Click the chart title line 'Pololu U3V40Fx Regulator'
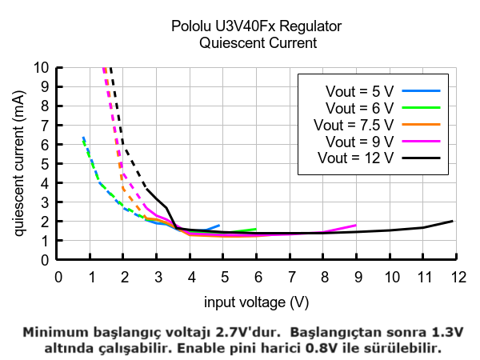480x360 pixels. click(x=257, y=26)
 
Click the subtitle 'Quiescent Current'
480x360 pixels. click(x=257, y=43)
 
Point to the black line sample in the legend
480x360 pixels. click(x=422, y=158)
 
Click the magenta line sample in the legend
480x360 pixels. click(x=422, y=141)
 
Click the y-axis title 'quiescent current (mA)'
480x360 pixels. click(x=19, y=163)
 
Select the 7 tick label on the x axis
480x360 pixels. click(x=290, y=276)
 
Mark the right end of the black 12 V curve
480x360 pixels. click(x=453, y=221)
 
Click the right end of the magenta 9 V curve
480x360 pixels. click(x=356, y=225)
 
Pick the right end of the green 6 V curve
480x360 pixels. click(x=256, y=229)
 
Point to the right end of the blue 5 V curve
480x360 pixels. click(x=219, y=225)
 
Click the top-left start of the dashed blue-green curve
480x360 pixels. click(x=82, y=137)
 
